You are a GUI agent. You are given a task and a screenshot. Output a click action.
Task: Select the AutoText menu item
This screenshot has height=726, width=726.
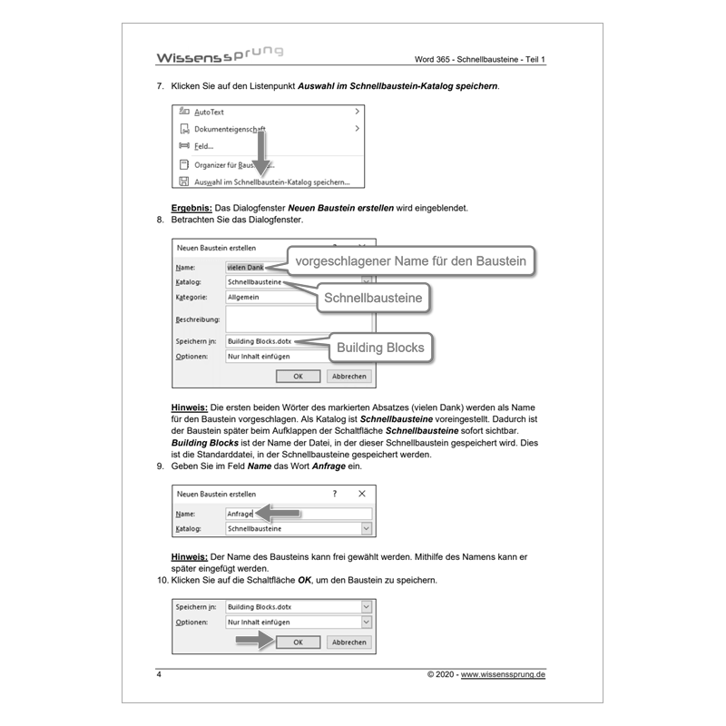coord(210,112)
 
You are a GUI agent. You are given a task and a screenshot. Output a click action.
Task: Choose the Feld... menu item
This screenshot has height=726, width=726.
coord(203,146)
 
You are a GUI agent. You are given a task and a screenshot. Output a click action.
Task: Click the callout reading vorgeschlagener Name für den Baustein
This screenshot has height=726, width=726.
coord(411,261)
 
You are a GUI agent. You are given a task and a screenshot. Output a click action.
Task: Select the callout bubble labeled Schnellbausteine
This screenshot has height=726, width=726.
coord(373,296)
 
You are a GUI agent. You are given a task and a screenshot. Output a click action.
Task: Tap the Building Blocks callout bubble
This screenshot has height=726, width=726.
coord(380,347)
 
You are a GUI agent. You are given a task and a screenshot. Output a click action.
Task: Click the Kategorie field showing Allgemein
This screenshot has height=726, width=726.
coord(263,297)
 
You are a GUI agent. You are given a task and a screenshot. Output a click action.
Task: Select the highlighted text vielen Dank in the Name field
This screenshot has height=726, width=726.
coord(245,268)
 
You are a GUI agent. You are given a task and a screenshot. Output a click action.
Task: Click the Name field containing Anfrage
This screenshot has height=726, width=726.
coord(298,514)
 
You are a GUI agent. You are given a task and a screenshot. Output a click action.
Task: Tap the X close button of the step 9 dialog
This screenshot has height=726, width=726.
coord(361,494)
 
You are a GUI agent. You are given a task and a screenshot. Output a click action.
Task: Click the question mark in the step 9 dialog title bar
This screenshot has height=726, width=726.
coord(334,494)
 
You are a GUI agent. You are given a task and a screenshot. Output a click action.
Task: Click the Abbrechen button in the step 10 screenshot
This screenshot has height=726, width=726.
coord(349,642)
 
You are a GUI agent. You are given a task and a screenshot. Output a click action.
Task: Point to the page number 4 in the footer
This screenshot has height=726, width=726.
coord(159,675)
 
